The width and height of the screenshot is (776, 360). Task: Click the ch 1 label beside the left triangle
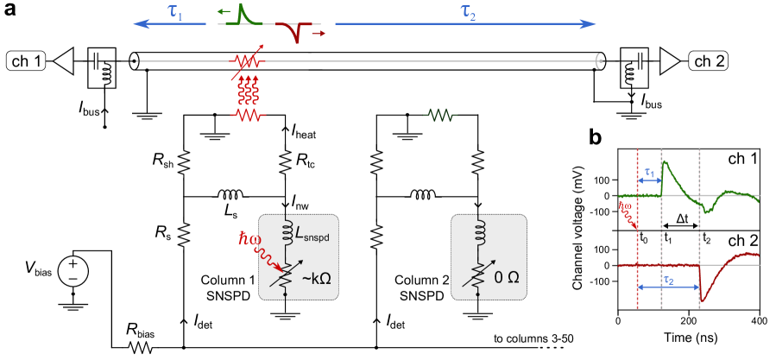click(26, 61)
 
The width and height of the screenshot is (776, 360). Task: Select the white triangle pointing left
click(63, 61)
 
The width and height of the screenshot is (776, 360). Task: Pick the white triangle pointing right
click(671, 61)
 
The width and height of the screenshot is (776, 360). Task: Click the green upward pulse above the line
click(244, 16)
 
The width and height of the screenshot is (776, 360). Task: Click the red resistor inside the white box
click(247, 116)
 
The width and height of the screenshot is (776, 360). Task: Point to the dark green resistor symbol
click(440, 116)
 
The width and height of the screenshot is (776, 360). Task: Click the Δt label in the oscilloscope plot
click(683, 220)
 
